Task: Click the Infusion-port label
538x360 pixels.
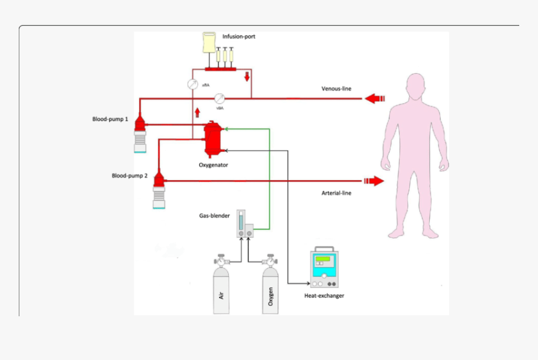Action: coord(239,37)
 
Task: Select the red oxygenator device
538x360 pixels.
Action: coord(213,138)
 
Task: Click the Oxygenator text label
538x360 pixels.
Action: coord(213,165)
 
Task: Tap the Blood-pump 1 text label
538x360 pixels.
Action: coord(110,118)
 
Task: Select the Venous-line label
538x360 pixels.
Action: coord(337,89)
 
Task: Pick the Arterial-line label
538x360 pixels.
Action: coord(337,193)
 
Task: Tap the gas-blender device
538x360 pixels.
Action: coord(245,224)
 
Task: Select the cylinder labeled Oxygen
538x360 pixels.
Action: coord(270,291)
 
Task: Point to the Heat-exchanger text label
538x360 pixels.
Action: coord(324,296)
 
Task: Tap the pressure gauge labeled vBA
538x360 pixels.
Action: coord(220,98)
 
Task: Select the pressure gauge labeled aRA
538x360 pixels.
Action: coord(193,84)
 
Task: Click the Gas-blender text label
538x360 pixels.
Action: coord(215,216)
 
